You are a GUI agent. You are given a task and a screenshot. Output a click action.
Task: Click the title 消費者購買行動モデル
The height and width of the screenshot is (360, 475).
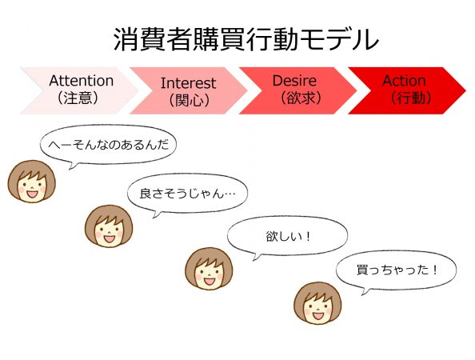[x=246, y=39]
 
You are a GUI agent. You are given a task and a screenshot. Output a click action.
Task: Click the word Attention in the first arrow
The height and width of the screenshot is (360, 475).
[x=82, y=81]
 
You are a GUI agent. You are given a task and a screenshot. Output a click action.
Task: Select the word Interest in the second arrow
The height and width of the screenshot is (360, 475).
[x=188, y=83]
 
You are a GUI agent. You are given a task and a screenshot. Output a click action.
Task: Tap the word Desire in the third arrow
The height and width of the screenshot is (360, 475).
[x=294, y=81]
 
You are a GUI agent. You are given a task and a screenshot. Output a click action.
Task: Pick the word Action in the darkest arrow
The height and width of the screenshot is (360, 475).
[x=404, y=81]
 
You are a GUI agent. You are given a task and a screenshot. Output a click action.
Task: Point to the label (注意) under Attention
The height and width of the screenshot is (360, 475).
[x=78, y=98]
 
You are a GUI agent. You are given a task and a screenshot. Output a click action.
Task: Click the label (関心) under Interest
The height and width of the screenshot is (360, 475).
[x=190, y=100]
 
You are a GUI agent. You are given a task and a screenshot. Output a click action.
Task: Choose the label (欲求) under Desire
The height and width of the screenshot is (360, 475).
[x=300, y=98]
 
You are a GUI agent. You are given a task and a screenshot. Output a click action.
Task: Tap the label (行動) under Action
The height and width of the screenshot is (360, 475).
[x=411, y=98]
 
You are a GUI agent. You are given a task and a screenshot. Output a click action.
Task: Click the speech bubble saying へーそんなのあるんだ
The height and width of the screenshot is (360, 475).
[x=108, y=145]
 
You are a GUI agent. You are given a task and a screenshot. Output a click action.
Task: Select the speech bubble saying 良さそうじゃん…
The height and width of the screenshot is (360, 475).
[x=187, y=193]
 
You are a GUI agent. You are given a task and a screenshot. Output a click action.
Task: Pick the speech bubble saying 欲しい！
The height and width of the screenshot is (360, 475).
[x=287, y=236]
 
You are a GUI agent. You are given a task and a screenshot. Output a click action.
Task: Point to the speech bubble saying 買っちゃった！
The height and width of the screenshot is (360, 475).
[x=397, y=270]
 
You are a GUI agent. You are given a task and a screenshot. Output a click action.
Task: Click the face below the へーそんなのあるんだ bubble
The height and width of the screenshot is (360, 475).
[x=32, y=182]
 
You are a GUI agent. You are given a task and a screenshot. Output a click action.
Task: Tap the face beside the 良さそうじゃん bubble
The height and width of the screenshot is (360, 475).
[x=109, y=226]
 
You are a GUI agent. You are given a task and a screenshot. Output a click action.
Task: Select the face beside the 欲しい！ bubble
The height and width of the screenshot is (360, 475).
[x=209, y=269]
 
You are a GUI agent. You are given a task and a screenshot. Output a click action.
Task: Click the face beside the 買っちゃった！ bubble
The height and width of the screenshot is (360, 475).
[x=317, y=303]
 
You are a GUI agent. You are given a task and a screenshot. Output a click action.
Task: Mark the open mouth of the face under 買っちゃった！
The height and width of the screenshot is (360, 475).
[x=317, y=316]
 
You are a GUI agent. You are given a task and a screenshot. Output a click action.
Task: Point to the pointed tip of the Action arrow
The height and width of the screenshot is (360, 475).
[x=465, y=90]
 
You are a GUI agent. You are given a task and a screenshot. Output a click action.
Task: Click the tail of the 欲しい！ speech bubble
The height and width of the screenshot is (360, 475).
[x=256, y=258]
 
